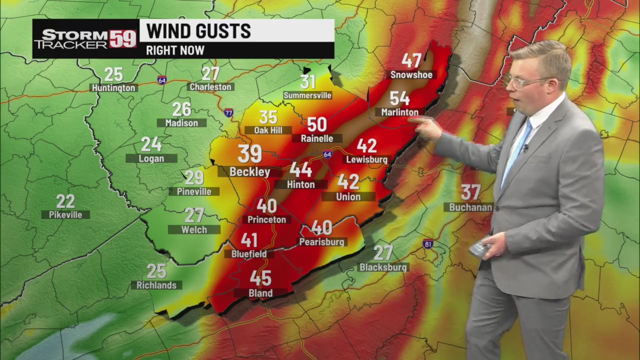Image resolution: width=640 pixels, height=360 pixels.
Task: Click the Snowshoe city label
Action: point(411,75)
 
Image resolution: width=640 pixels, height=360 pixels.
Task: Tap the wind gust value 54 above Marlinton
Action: point(399,98)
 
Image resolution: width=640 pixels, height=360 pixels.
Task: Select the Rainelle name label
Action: point(317,138)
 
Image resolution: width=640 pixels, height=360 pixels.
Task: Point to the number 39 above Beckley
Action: point(249,154)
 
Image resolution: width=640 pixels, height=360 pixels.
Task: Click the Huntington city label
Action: point(113,88)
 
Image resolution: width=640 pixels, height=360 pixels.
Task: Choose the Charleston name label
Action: point(210,87)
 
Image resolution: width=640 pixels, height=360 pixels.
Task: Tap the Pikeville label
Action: point(65,215)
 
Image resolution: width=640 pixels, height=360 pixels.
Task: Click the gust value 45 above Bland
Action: point(260,278)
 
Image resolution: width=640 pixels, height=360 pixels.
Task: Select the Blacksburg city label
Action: point(383,267)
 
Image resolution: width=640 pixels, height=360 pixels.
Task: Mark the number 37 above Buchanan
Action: point(470,191)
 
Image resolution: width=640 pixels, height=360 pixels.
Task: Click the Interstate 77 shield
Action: point(228,113)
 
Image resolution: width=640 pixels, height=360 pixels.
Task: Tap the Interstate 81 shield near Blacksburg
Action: point(427,244)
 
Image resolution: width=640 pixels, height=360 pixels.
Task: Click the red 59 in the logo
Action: point(123,38)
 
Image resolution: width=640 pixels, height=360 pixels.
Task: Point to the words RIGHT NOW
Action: point(175,50)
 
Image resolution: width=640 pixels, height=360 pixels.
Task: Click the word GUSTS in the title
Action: point(223,31)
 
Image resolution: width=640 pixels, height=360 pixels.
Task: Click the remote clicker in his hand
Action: point(479,248)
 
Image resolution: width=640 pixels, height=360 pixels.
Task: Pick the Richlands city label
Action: point(156,285)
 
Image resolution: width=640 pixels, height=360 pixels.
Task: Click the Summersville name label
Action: point(307,95)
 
